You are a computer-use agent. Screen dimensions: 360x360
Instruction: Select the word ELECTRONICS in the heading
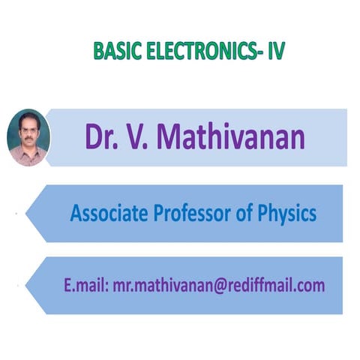(x=197, y=51)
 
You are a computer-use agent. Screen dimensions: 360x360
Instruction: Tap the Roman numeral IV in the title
(x=274, y=51)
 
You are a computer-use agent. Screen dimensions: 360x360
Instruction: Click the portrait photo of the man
(x=28, y=137)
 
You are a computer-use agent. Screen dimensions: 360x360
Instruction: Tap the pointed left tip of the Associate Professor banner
(x=28, y=214)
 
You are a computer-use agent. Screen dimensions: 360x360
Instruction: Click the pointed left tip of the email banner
(x=28, y=285)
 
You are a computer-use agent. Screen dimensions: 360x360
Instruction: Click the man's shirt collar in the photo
(x=27, y=154)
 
